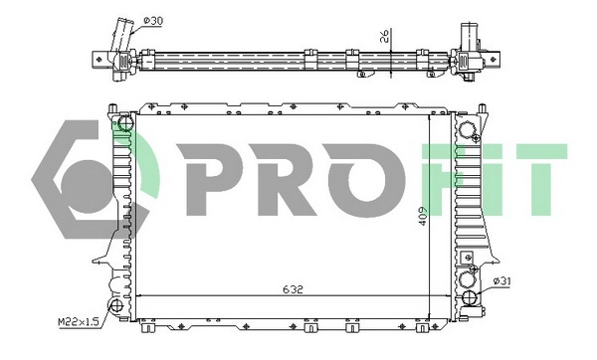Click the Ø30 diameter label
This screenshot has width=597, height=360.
[x=154, y=20]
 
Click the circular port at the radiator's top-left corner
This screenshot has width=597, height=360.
[x=122, y=123]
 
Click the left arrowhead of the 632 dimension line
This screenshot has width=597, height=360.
[x=140, y=296]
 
